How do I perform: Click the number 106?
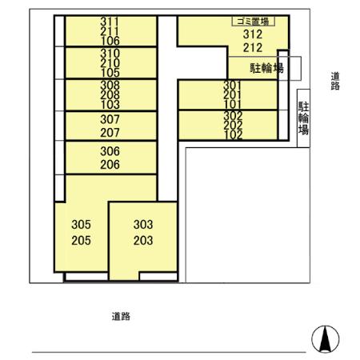(110, 41)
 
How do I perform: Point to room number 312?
(251, 35)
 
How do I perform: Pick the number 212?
(251, 47)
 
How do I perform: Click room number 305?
(82, 225)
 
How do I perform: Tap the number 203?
(142, 240)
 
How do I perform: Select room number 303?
(142, 225)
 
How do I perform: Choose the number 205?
(82, 240)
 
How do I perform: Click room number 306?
(110, 151)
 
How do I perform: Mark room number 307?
(110, 118)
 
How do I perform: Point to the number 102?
(232, 134)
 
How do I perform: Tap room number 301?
(232, 85)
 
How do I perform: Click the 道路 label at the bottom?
(121, 316)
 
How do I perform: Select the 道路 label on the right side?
(335, 81)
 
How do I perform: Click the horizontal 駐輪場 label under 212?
(266, 69)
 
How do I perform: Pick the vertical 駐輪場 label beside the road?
(304, 118)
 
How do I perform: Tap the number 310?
(110, 54)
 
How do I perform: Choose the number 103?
(110, 104)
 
